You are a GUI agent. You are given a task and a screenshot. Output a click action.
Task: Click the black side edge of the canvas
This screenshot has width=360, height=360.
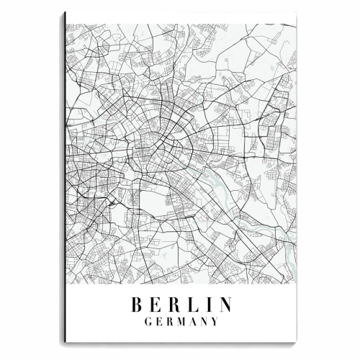click(x=64, y=180)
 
